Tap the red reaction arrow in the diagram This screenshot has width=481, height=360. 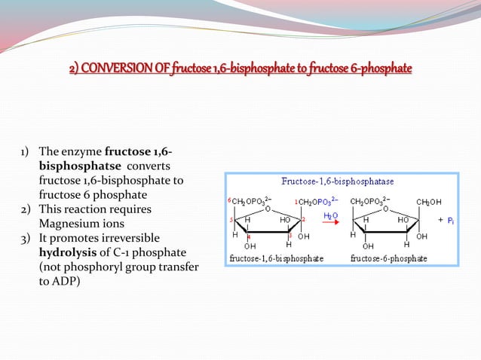pyautogui.click(x=331, y=224)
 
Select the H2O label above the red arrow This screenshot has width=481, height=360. pyautogui.click(x=330, y=215)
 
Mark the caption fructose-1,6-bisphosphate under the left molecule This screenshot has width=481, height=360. pyautogui.click(x=276, y=258)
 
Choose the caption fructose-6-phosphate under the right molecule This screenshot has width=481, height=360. pyautogui.click(x=389, y=258)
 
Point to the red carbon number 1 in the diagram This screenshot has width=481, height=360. pyautogui.click(x=296, y=201)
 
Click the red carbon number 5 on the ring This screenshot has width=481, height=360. pyautogui.click(x=231, y=219)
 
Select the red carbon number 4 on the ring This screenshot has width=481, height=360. pyautogui.click(x=249, y=236)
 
